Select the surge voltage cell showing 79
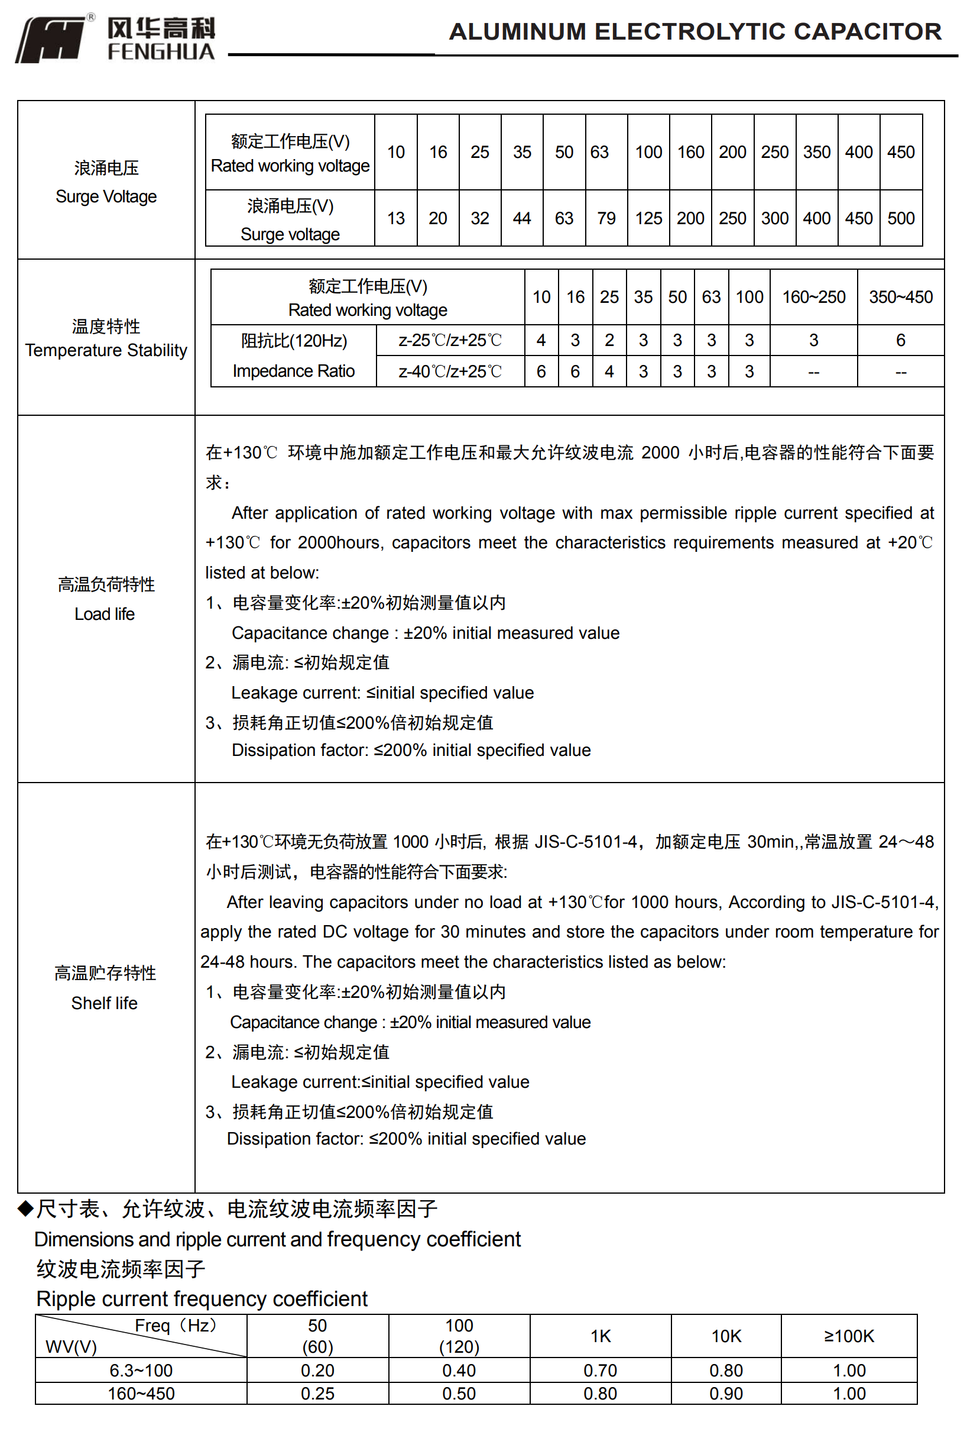point(606,219)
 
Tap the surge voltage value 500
point(900,219)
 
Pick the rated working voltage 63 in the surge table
point(599,153)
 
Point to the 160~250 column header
point(813,298)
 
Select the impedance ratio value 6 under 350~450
point(900,340)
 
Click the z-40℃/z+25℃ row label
point(450,371)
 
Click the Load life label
point(105,615)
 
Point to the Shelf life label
point(104,1003)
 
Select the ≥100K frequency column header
point(849,1336)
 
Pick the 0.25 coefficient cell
point(317,1394)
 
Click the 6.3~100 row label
point(141,1371)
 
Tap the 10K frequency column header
point(726,1336)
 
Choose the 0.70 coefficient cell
point(600,1371)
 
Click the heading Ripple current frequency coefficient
point(202,1299)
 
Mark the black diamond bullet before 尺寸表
point(25,1208)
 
